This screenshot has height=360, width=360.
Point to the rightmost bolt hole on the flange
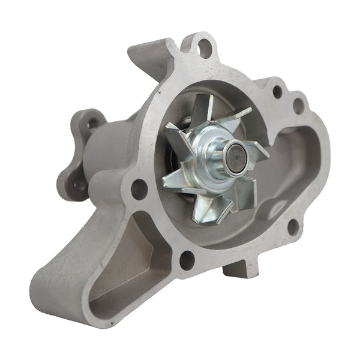click(x=298, y=106)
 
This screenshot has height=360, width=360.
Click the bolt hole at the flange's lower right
click(x=293, y=226)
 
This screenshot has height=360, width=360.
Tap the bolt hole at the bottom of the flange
click(x=187, y=259)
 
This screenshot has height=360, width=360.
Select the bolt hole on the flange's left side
click(x=139, y=189)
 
